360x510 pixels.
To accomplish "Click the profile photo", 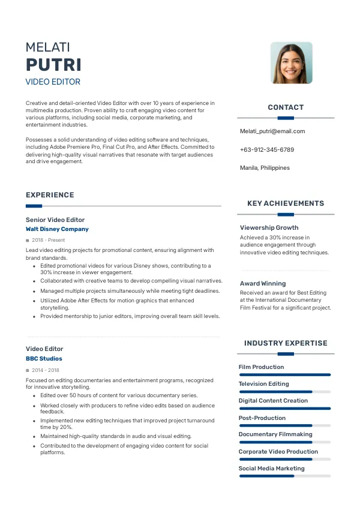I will tap(291, 63).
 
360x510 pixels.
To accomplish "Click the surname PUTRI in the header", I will tap(53, 65).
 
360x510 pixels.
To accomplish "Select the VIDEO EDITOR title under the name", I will tap(53, 82).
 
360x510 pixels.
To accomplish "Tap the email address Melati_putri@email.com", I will tap(272, 131).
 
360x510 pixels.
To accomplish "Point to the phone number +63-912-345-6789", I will tap(267, 149).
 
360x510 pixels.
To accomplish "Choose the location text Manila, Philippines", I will tap(265, 168).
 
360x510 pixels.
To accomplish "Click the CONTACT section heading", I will tap(286, 107).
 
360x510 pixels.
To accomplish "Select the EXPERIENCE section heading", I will tap(50, 195).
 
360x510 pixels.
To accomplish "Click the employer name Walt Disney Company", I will tap(57, 229).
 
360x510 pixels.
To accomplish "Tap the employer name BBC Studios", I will tap(44, 359).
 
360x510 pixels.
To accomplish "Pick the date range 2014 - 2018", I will tap(46, 370).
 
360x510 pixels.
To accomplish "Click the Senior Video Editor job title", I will tap(55, 220).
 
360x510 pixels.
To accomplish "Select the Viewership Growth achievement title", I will tap(269, 228).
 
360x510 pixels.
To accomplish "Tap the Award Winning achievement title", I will tap(263, 283).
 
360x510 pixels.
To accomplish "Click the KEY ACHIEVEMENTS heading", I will tap(286, 203).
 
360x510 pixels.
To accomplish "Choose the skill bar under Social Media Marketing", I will tap(285, 476).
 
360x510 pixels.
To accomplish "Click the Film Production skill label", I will tap(261, 367).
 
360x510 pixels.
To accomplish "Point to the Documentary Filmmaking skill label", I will tap(275, 434).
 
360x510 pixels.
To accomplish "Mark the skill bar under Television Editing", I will tap(285, 392).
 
